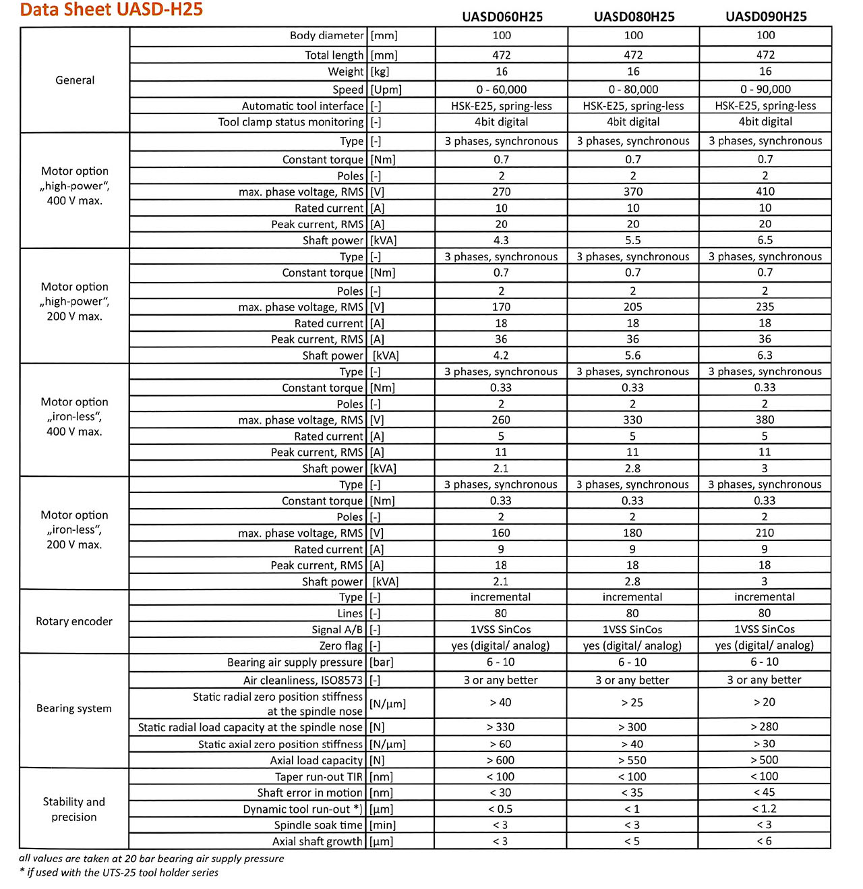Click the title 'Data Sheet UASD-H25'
[111, 9]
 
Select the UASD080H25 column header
[634, 17]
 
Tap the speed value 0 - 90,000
[765, 89]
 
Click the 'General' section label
[75, 80]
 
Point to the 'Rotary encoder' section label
[74, 621]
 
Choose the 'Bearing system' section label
[74, 708]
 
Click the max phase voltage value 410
[765, 192]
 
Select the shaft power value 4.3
[501, 240]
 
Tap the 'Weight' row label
[346, 71]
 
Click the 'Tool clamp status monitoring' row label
[291, 122]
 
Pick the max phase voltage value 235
[765, 307]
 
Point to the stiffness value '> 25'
[632, 702]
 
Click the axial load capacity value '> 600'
[500, 760]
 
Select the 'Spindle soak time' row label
[318, 825]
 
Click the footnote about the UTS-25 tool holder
[119, 873]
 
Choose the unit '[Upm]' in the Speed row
[386, 90]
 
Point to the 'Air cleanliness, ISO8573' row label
[303, 681]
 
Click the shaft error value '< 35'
[632, 793]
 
